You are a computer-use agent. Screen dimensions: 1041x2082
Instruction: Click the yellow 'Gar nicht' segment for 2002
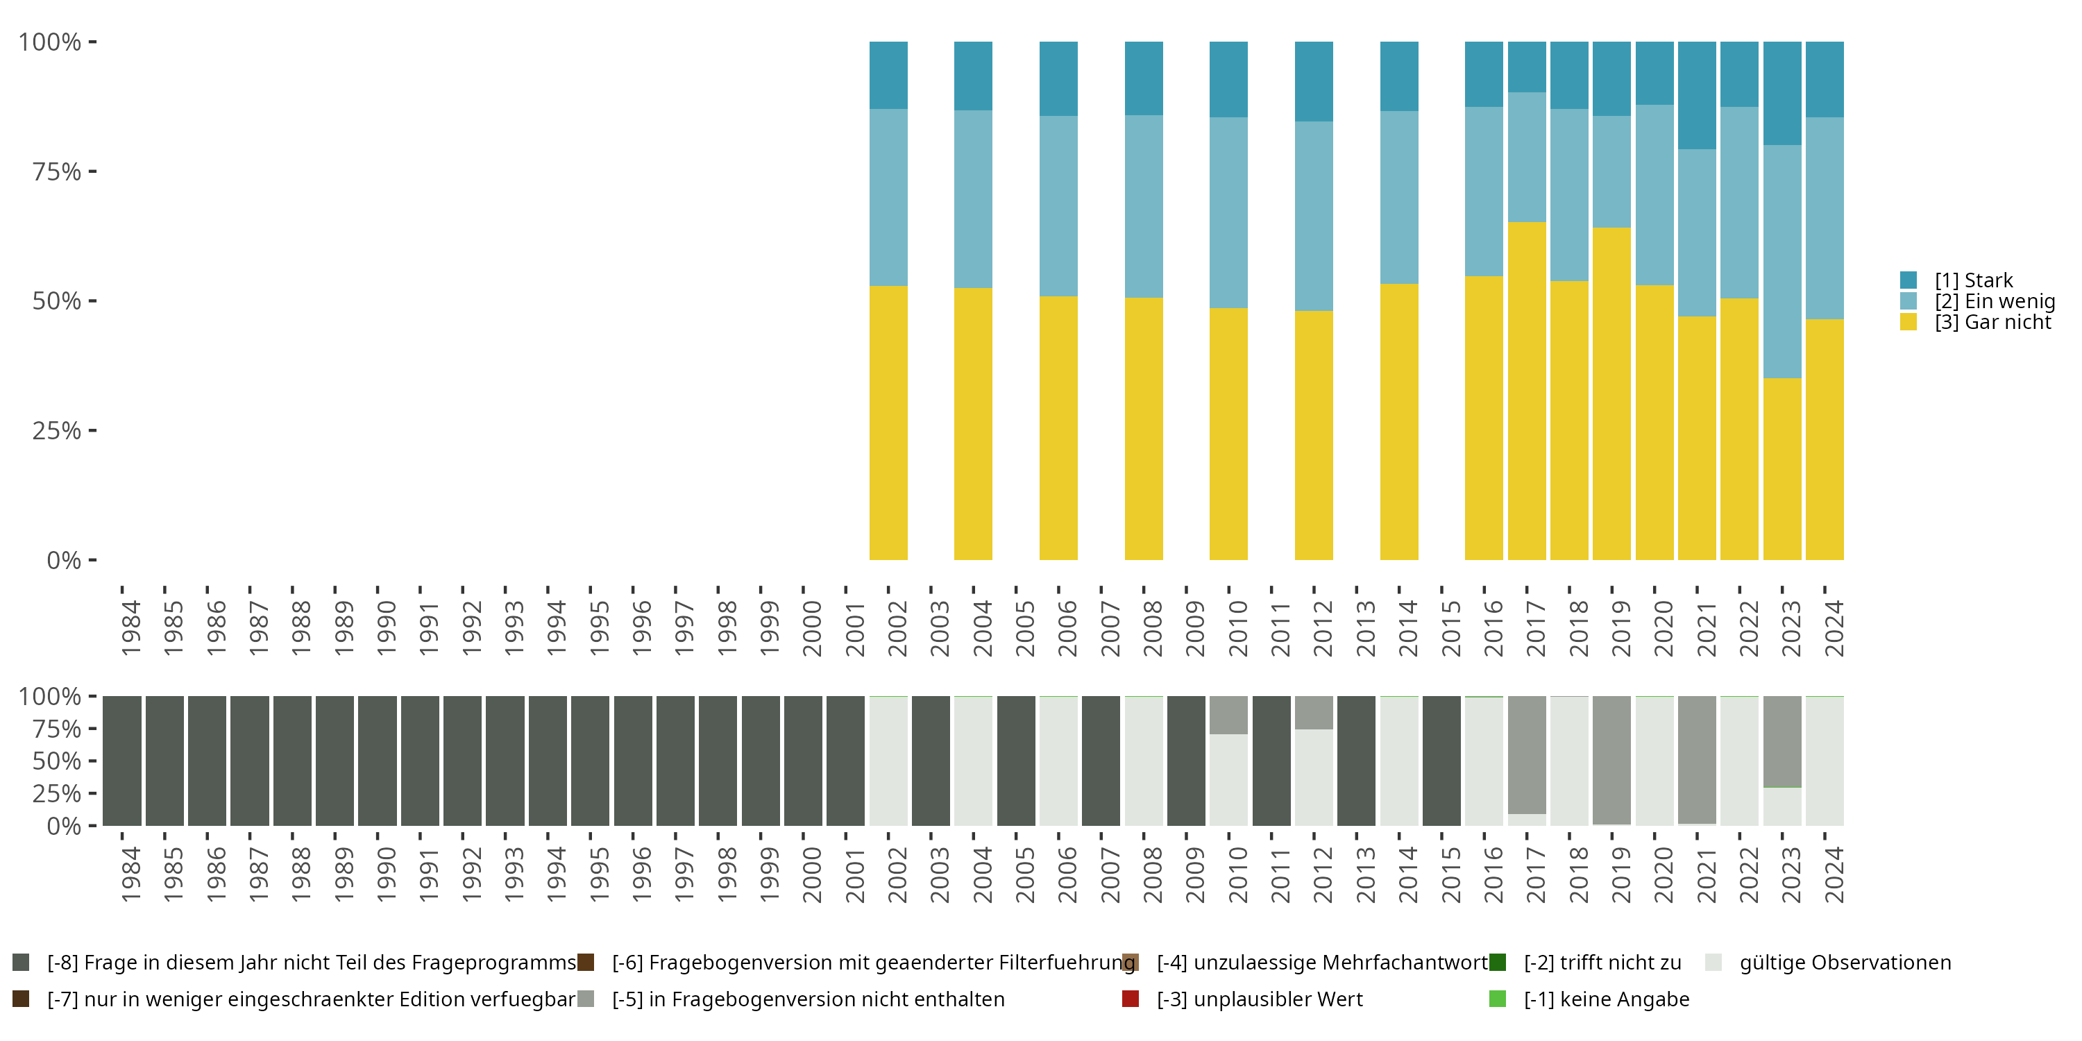[x=888, y=423]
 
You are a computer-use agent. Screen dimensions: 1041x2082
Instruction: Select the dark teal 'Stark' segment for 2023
[x=1781, y=93]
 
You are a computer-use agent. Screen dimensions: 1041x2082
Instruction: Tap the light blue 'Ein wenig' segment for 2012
[x=1313, y=217]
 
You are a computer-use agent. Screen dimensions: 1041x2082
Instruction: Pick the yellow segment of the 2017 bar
[x=1527, y=391]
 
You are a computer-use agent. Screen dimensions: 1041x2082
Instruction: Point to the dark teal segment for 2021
[x=1696, y=95]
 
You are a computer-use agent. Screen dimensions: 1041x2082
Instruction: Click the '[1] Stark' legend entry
[x=1973, y=280]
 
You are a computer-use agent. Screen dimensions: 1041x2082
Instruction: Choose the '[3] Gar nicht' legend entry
[x=1992, y=323]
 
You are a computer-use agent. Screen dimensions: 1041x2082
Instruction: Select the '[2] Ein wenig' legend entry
[x=1994, y=301]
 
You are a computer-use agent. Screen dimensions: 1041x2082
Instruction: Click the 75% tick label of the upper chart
[x=57, y=172]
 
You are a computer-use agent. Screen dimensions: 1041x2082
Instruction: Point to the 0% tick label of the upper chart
[x=64, y=560]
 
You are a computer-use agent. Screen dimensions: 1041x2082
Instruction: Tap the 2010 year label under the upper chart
[x=1237, y=628]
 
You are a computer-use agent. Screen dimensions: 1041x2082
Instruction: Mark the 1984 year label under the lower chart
[x=131, y=874]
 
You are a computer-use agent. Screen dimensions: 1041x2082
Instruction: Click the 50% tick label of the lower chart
[x=57, y=761]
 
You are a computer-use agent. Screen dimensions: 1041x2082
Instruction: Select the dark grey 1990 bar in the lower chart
[x=378, y=761]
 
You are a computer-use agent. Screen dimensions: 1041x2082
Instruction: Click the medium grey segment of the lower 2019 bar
[x=1611, y=760]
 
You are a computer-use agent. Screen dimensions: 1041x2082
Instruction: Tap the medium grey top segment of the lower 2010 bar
[x=1228, y=716]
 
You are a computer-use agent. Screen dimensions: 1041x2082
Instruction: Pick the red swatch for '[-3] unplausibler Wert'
[x=1131, y=999]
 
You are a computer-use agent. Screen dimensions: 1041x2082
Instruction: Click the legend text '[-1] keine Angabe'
[x=1606, y=999]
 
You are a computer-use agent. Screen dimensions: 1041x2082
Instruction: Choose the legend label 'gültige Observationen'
[x=1845, y=963]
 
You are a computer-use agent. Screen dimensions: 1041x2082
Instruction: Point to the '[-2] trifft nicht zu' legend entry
[x=1602, y=963]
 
